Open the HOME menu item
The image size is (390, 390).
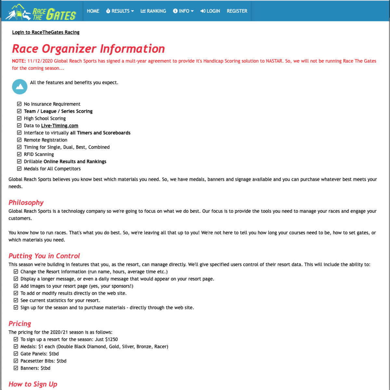[93, 11]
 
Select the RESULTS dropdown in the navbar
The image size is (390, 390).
[120, 11]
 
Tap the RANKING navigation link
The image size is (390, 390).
[153, 11]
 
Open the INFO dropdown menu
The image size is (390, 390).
[183, 11]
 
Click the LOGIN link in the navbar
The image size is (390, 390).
[210, 11]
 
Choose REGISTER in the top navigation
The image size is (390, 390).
[237, 11]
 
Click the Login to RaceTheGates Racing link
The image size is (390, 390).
[46, 32]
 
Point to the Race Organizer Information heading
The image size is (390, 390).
[88, 49]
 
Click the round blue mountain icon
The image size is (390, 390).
[20, 87]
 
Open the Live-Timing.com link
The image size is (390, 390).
[59, 126]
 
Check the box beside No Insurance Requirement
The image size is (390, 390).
[19, 104]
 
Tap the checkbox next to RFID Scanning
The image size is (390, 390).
[19, 154]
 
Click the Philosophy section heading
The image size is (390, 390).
[26, 202]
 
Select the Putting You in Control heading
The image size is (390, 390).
[44, 256]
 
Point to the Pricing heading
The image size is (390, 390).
[20, 324]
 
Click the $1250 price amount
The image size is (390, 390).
[111, 339]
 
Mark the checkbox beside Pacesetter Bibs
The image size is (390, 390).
[16, 361]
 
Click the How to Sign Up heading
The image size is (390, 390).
[33, 384]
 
